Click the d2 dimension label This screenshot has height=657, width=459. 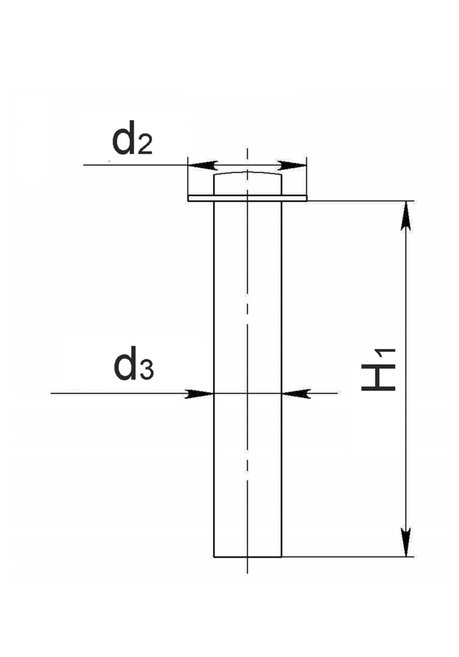click(132, 138)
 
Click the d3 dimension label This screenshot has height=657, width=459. click(133, 363)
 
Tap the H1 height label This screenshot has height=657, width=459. click(378, 369)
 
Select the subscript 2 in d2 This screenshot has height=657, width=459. click(144, 145)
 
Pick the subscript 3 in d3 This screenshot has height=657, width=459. click(146, 370)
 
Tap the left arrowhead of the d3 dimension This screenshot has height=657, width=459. click(200, 393)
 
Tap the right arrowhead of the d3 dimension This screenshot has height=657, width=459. click(297, 393)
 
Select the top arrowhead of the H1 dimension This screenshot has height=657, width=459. click(405, 216)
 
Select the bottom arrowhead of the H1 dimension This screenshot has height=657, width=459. click(405, 542)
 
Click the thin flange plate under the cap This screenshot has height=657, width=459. click(247, 198)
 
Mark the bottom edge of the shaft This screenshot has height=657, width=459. click(247, 557)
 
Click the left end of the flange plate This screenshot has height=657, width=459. click(189, 198)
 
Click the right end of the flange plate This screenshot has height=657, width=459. click(307, 198)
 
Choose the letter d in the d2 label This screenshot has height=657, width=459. click(123, 138)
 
